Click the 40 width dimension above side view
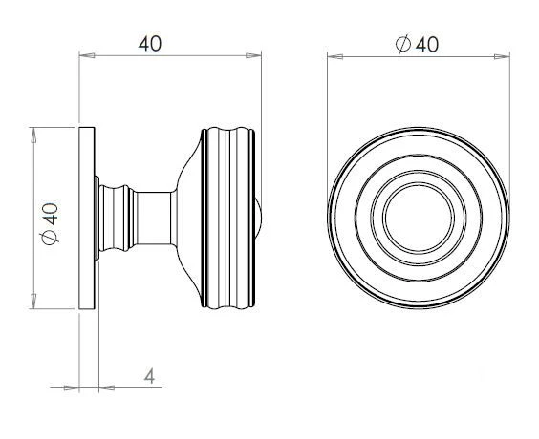pos(150,44)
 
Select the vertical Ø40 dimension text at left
pos(51,225)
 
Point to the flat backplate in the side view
pos(87,217)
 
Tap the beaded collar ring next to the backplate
pos(117,217)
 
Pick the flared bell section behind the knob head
pos(189,217)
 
